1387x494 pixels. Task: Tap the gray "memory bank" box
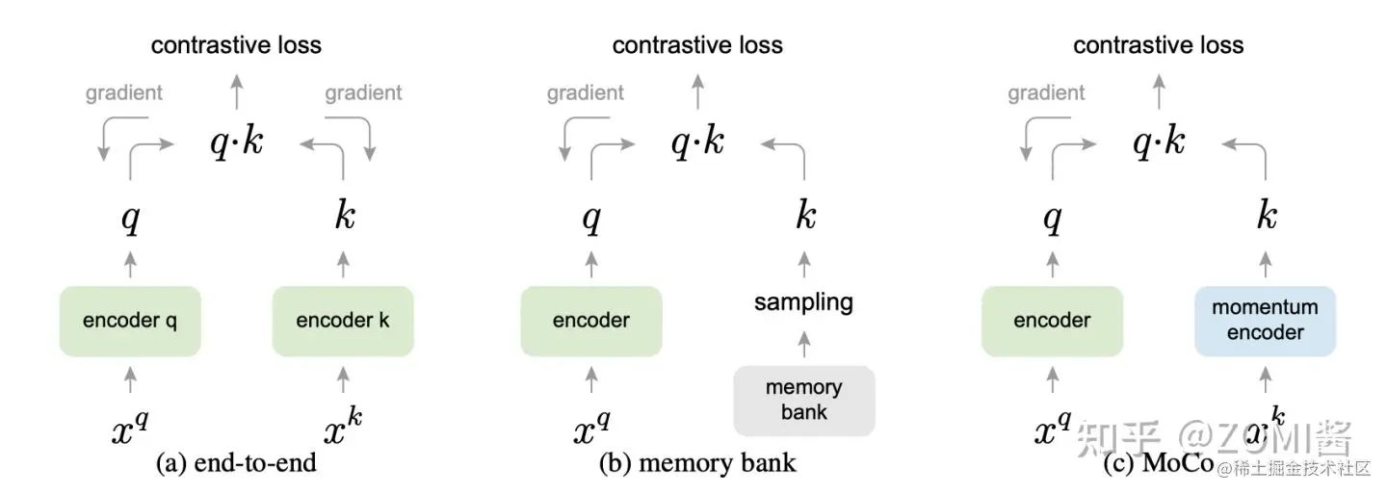pos(804,401)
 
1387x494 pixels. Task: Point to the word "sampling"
pos(804,302)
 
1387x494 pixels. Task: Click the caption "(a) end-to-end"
pos(236,463)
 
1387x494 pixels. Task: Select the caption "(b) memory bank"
pos(697,463)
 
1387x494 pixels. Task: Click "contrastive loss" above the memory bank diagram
pos(697,45)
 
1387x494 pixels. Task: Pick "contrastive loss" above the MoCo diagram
pos(1159,45)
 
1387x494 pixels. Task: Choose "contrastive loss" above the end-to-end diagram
pos(236,45)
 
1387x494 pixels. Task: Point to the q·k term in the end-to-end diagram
pos(236,143)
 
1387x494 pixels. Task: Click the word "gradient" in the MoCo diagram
pos(1047,93)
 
